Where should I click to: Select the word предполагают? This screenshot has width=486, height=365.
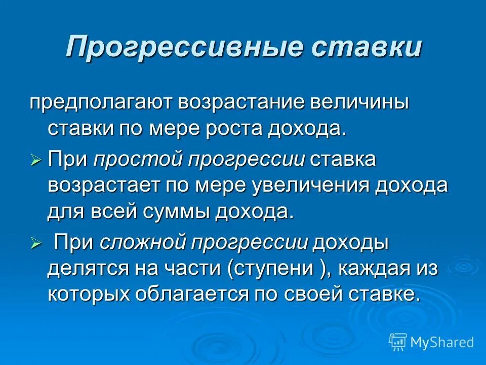100,103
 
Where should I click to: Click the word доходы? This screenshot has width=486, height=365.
350,243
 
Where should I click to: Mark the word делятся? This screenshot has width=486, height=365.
85,269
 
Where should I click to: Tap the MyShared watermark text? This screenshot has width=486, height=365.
442,342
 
